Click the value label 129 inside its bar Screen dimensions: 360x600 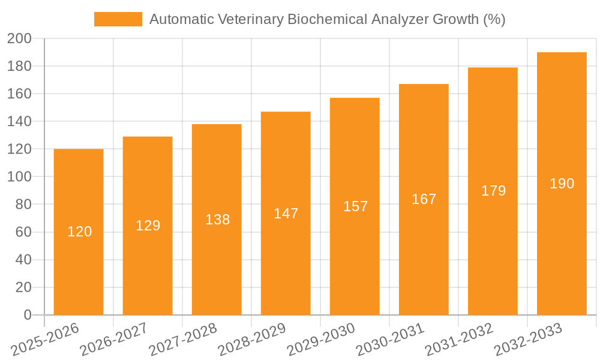[x=148, y=226]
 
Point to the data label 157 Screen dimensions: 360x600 [x=355, y=206]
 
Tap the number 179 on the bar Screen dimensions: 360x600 [x=493, y=191]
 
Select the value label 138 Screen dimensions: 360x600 [x=217, y=220]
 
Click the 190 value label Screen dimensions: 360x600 [x=562, y=184]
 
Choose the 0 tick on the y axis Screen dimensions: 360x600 [x=27, y=315]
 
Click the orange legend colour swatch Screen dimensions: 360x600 [x=118, y=19]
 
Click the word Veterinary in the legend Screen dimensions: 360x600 [x=246, y=19]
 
